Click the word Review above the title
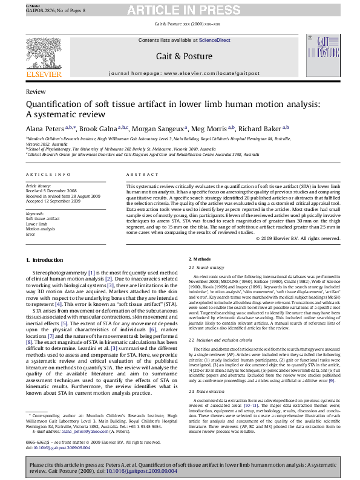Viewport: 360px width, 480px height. point(36,91)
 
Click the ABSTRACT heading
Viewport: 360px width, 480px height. point(139,174)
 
